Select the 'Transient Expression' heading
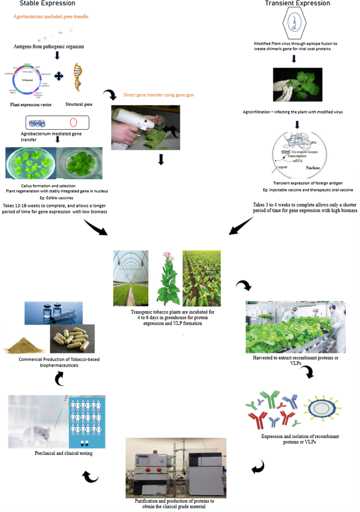tap(297, 3)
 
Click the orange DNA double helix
tap(79, 78)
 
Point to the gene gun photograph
tap(145, 128)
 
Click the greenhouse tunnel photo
tap(131, 278)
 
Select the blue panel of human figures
tap(89, 422)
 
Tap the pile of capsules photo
tap(72, 339)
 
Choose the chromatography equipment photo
tap(176, 467)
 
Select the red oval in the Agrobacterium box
tap(73, 123)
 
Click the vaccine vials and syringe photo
tap(53, 314)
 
